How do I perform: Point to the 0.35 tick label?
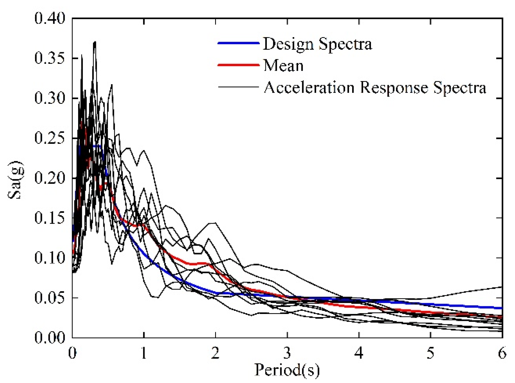(x=50, y=58)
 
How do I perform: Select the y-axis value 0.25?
(x=50, y=138)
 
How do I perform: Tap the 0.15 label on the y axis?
(x=50, y=218)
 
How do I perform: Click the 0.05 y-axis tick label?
(x=50, y=298)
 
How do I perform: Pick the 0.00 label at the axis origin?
(x=50, y=338)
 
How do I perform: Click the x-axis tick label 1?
(x=144, y=353)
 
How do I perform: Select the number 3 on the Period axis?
(x=287, y=353)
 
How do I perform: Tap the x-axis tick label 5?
(x=430, y=353)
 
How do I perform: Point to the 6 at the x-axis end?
(x=502, y=353)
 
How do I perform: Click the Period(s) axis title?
(x=287, y=370)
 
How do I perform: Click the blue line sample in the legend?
(x=238, y=43)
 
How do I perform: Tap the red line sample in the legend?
(x=238, y=65)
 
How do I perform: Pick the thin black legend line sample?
(x=238, y=87)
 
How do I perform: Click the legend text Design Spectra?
(x=317, y=44)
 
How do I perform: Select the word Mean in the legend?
(x=283, y=66)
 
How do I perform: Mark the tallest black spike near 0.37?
(x=94, y=43)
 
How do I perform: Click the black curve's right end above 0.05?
(x=501, y=287)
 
